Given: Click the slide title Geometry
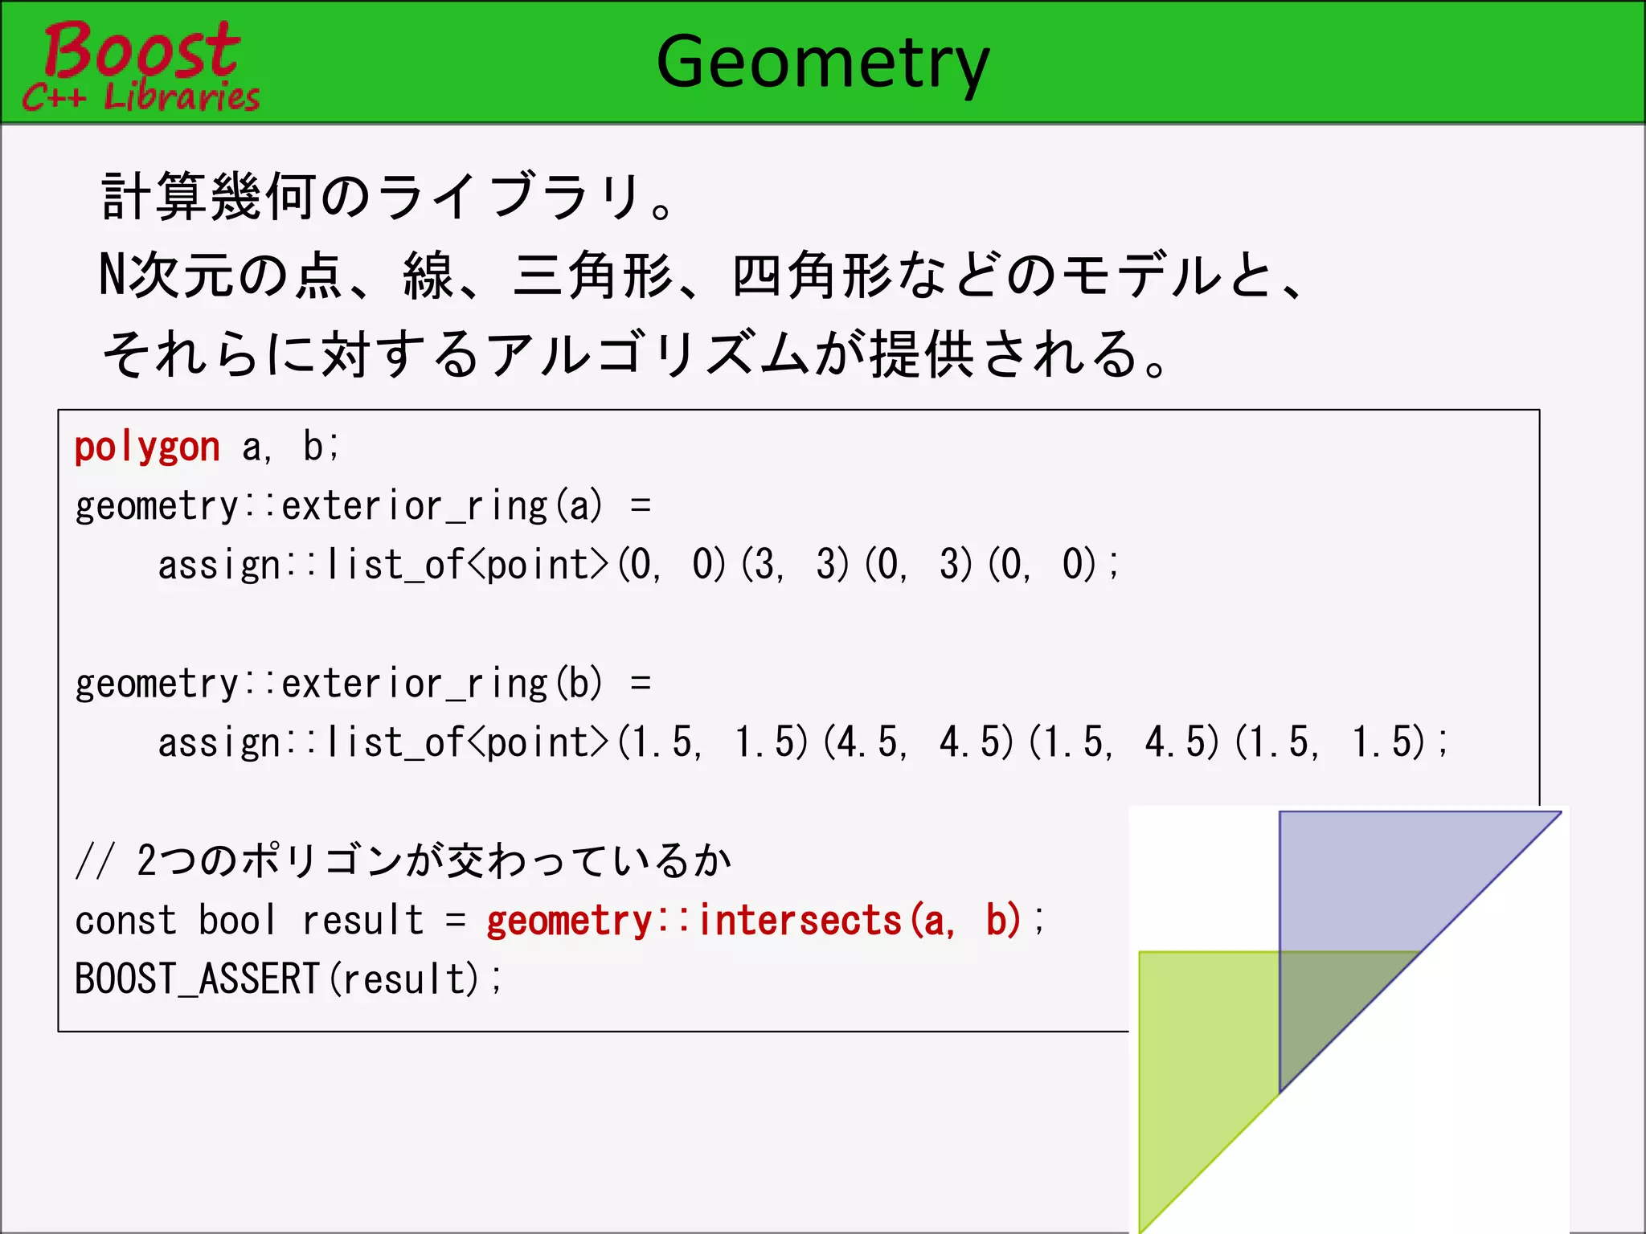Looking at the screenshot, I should click(822, 63).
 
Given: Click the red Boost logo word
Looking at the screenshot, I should click(141, 50).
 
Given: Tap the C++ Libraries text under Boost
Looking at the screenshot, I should click(141, 97).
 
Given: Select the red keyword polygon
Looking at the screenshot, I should click(147, 447).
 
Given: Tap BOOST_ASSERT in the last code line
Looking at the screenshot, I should click(197, 979).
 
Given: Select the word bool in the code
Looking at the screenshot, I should click(238, 921).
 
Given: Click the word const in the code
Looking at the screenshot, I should click(125, 921).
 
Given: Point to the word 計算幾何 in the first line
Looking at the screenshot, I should click(208, 197).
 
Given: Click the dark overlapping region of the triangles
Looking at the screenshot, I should click(1326, 1004).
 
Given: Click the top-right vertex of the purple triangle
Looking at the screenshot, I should click(1559, 813).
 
